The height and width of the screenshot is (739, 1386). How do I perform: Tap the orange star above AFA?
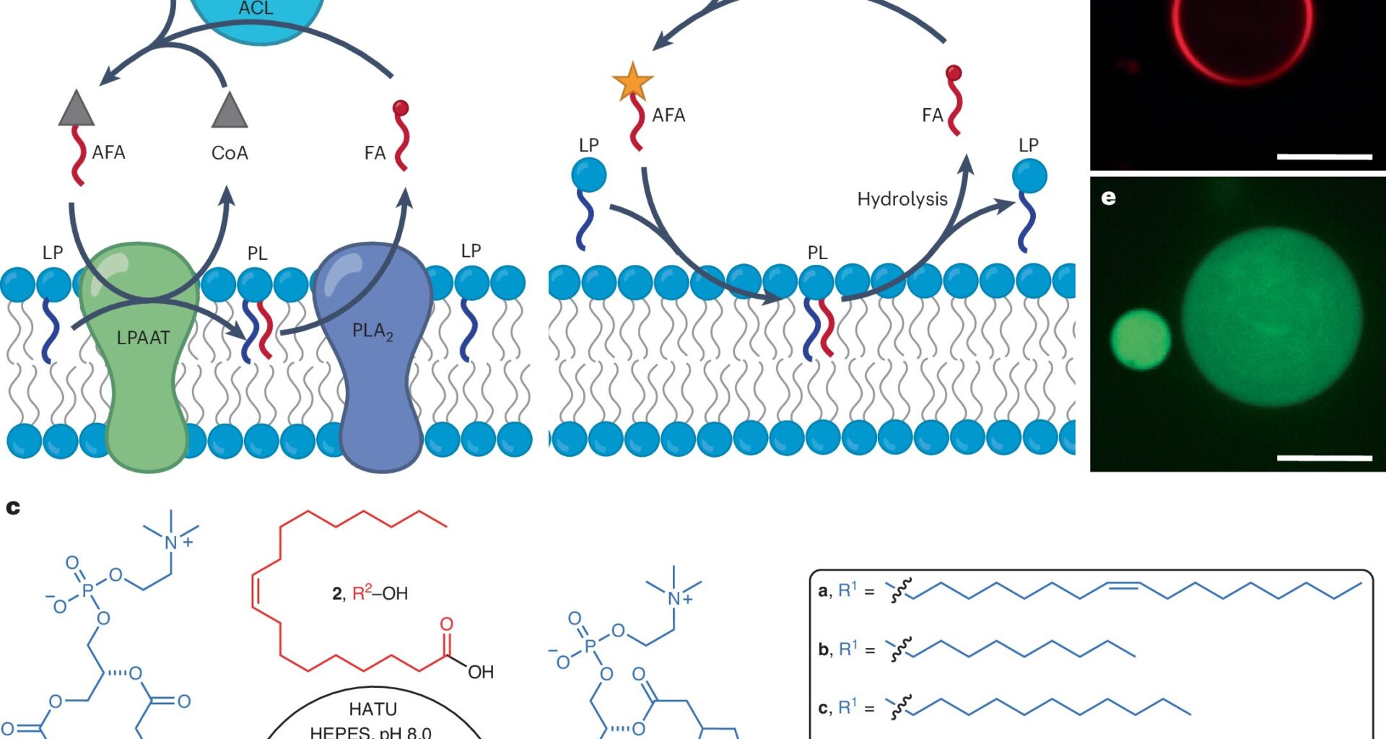point(632,81)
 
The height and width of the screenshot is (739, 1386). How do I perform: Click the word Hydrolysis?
point(902,199)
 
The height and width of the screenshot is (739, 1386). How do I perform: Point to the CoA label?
point(230,153)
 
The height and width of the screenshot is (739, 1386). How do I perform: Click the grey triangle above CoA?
point(230,110)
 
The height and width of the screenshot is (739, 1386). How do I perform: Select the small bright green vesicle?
point(1140,339)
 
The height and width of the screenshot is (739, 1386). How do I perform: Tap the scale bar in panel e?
point(1324,458)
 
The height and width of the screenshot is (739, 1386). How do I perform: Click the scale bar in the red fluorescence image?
point(1324,156)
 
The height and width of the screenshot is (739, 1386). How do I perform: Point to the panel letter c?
point(13,508)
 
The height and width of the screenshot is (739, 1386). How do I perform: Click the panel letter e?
point(1109,198)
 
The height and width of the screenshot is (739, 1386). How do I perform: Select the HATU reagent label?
point(372,709)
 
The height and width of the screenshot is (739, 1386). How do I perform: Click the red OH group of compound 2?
point(481,673)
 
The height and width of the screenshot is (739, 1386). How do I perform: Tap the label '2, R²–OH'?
point(370,593)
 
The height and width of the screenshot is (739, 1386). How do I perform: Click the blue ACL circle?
point(256,14)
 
